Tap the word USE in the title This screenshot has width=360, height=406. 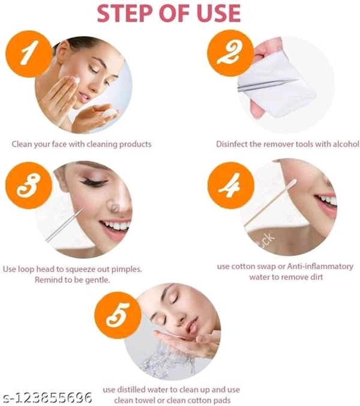point(219,13)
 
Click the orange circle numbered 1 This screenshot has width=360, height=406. point(29,53)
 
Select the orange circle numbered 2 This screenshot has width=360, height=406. point(230,53)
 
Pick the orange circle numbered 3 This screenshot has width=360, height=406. point(29,186)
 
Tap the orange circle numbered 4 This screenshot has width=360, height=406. point(230,185)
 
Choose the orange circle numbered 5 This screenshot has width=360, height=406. point(118,315)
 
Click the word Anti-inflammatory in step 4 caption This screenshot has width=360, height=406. point(320,267)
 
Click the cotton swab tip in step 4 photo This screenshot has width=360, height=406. point(293,183)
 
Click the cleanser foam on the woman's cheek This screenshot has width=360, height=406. point(76,80)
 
